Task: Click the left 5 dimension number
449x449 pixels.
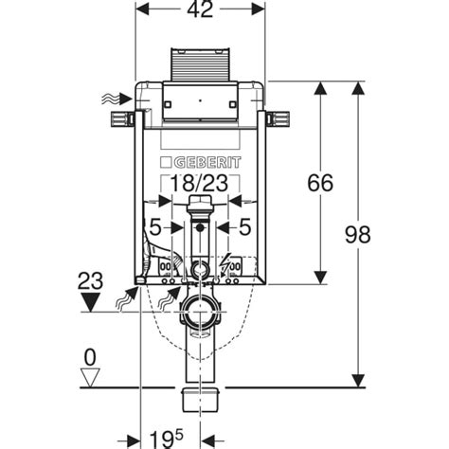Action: [153, 226]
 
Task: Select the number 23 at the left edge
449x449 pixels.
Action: [91, 280]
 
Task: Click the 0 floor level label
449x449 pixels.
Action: [90, 357]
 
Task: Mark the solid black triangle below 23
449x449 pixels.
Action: [91, 302]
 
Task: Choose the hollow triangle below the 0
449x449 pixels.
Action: [91, 377]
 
